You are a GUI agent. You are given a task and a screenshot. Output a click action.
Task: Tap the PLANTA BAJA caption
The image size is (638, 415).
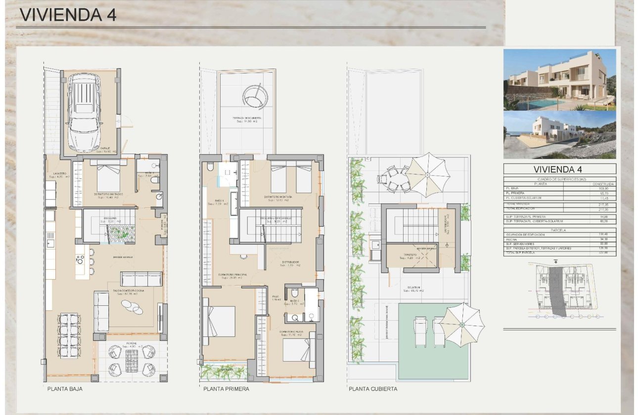click(65, 389)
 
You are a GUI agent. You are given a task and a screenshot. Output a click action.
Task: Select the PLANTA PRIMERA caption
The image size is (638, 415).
click(226, 389)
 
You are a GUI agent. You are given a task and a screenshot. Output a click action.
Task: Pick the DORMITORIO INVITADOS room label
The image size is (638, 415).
click(108, 195)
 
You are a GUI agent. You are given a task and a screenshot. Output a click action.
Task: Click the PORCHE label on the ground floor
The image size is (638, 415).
click(131, 343)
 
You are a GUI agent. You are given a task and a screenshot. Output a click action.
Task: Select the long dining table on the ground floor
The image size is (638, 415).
click(69, 336)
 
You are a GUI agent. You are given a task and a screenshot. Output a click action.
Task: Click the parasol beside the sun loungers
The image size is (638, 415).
click(461, 325)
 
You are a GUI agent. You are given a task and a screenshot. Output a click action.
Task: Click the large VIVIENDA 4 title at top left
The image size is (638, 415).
click(68, 15)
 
